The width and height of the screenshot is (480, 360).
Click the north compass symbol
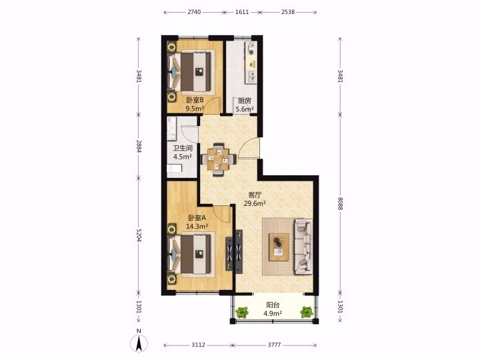[139, 343]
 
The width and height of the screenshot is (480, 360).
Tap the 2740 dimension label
[194, 12]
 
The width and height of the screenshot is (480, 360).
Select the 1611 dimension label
[242, 12]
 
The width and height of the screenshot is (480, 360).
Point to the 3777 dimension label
[274, 345]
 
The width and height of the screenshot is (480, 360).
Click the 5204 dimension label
[139, 235]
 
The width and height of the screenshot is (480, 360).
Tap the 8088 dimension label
[341, 203]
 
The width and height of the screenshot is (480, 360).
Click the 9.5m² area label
[195, 109]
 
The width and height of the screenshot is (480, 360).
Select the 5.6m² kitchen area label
[244, 109]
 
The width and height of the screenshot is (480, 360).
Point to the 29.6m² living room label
[255, 203]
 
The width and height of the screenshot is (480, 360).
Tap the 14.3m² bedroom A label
[197, 226]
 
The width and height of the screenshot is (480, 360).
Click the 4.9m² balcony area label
[273, 313]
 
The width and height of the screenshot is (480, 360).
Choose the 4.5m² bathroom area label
[183, 157]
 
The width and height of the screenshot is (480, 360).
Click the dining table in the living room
[218, 159]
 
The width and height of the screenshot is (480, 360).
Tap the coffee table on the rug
[279, 247]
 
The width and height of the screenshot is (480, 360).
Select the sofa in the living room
[303, 247]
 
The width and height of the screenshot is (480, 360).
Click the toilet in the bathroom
[175, 168]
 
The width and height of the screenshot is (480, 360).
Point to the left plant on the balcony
[242, 313]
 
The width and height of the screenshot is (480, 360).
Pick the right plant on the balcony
[307, 312]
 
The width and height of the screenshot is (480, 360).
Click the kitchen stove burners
[251, 49]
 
